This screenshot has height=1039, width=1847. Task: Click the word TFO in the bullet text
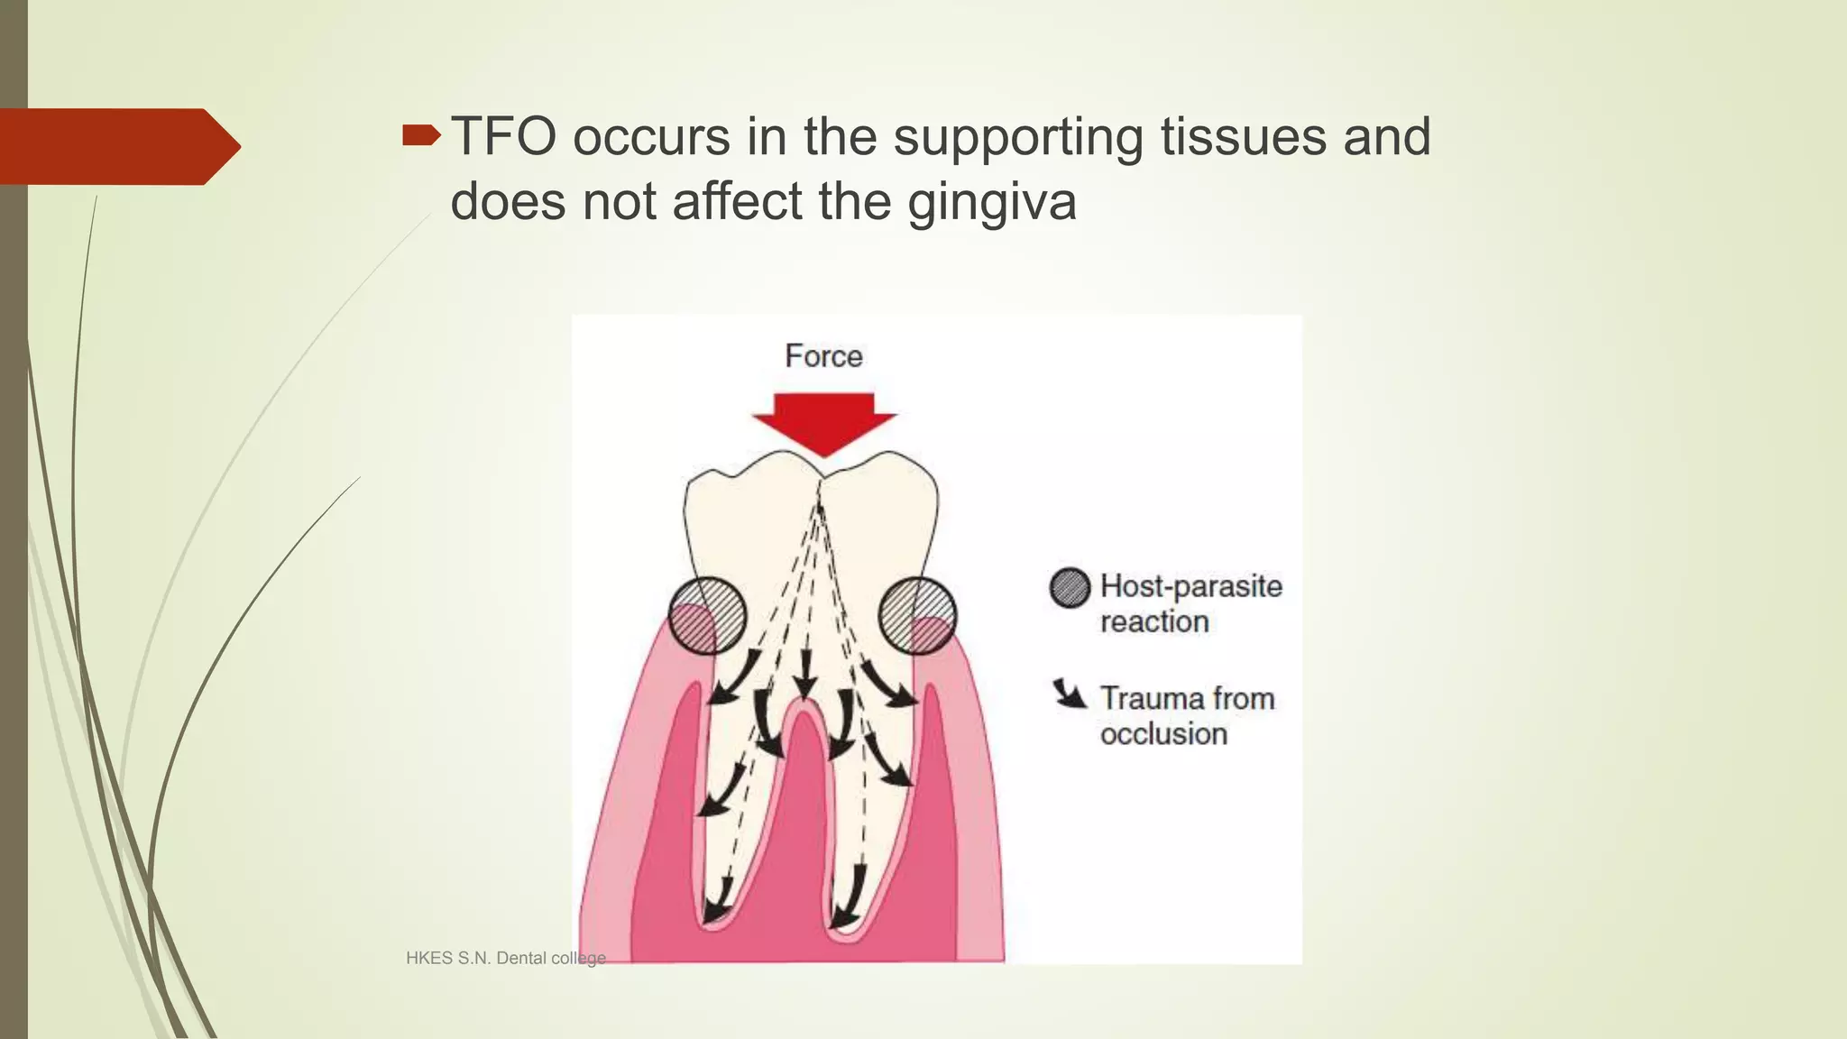[x=503, y=137]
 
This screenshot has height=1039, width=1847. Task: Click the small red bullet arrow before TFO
[x=421, y=136]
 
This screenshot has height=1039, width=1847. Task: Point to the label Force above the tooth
[x=823, y=355]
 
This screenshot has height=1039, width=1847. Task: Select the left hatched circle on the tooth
[x=708, y=615]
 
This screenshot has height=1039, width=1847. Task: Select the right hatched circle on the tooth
[x=917, y=615]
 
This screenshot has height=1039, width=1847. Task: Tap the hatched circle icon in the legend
[x=1071, y=588]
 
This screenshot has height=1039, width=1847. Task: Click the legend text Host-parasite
[x=1190, y=586]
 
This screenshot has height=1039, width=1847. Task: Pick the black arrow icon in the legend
[x=1071, y=694]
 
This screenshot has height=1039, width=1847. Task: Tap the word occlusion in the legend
[x=1163, y=734]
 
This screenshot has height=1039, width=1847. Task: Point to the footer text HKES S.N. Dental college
[x=505, y=958]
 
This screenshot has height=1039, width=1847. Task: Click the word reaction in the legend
[x=1153, y=622]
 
